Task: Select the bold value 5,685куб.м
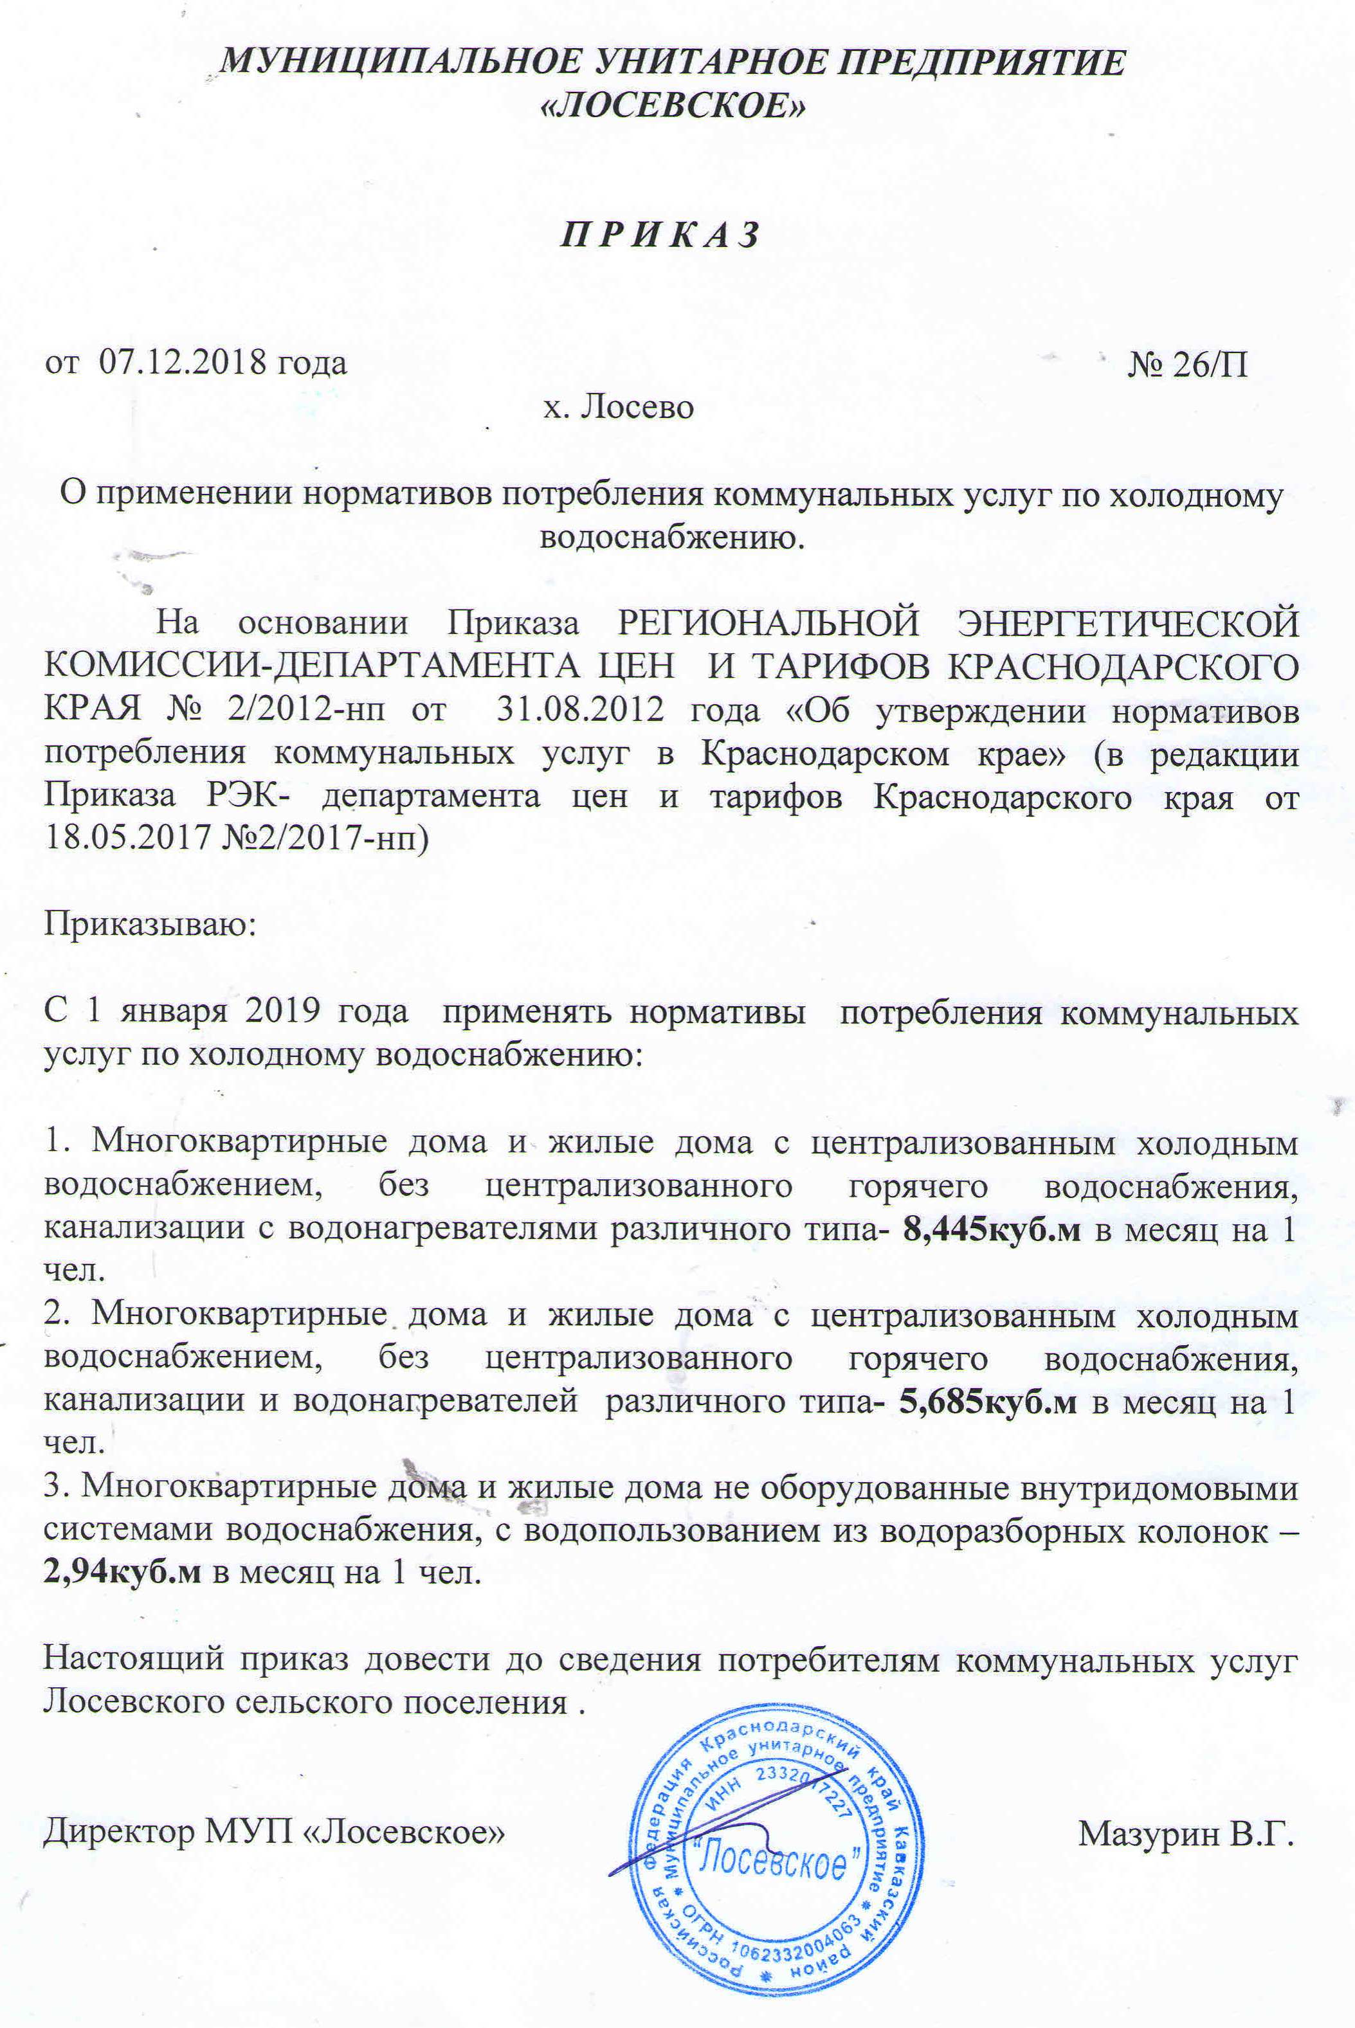[x=988, y=1402]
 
